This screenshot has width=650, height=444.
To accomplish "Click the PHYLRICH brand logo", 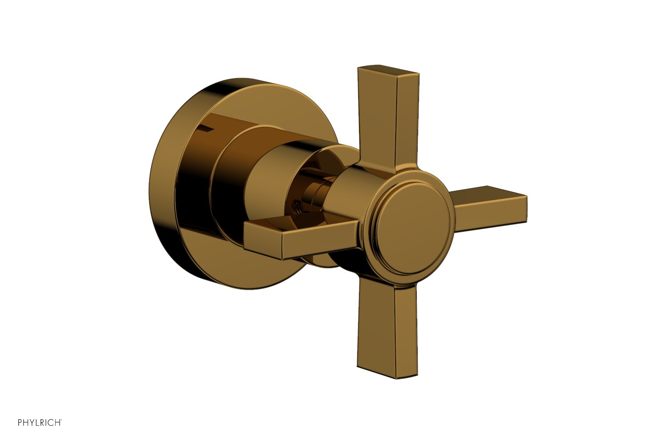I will [x=40, y=422].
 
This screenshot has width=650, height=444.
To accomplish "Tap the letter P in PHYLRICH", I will [x=20, y=422].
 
